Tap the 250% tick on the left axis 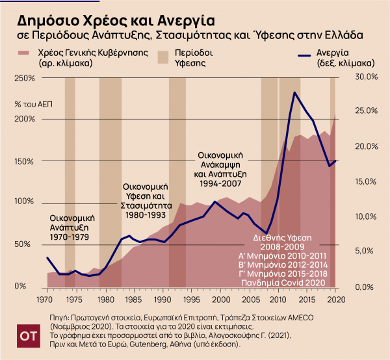click(23, 78)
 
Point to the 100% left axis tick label click(23, 201)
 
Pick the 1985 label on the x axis click(133, 300)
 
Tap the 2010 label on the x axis click(278, 300)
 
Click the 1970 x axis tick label click(45, 300)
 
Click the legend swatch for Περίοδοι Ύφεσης click(165, 53)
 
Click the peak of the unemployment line click(295, 92)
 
